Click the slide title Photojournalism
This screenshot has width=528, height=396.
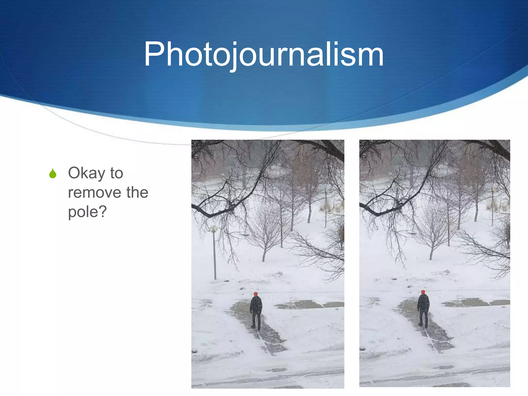pyautogui.click(x=263, y=55)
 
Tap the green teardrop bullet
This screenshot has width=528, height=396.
pyautogui.click(x=53, y=173)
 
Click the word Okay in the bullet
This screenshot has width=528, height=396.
pyautogui.click(x=86, y=173)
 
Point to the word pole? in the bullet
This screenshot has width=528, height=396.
pyautogui.click(x=87, y=212)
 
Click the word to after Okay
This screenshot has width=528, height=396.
pyautogui.click(x=117, y=173)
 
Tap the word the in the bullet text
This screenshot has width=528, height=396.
pyautogui.click(x=137, y=193)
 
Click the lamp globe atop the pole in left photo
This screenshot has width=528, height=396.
pyautogui.click(x=213, y=228)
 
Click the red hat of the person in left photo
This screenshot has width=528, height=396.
pyautogui.click(x=255, y=294)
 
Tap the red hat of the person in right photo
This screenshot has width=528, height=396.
pyautogui.click(x=423, y=292)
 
